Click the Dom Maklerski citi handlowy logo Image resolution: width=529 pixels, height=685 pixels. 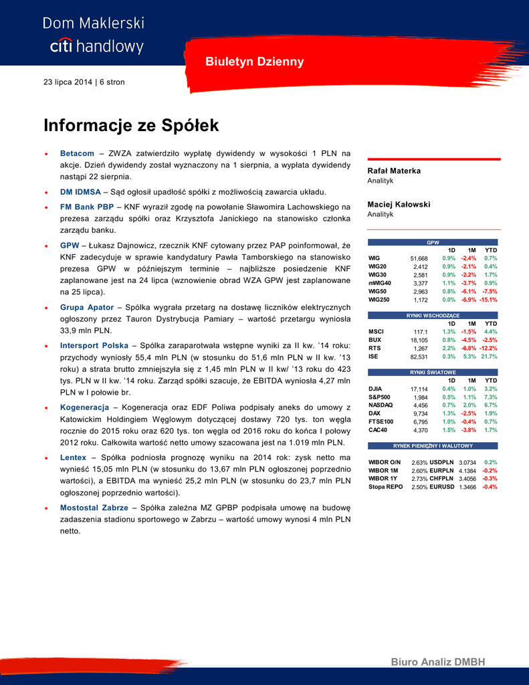93,35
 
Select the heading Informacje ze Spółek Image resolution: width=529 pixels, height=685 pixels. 131,125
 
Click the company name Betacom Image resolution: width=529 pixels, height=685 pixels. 77,153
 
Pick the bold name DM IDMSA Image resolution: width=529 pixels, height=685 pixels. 80,191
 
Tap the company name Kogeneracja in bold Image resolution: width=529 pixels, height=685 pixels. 84,407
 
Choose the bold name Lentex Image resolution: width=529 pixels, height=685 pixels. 73,457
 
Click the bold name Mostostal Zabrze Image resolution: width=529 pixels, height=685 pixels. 94,508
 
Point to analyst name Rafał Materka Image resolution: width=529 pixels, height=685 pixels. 394,171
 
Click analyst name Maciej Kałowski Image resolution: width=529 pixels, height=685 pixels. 399,204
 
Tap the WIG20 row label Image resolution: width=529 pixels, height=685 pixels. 377,266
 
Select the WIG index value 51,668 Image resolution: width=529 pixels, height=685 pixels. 418,258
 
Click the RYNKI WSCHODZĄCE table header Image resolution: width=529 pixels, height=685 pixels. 433,315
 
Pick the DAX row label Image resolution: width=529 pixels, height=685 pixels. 375,413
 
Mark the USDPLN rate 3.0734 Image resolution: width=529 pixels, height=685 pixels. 469,462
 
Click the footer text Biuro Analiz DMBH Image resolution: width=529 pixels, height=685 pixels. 437,662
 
